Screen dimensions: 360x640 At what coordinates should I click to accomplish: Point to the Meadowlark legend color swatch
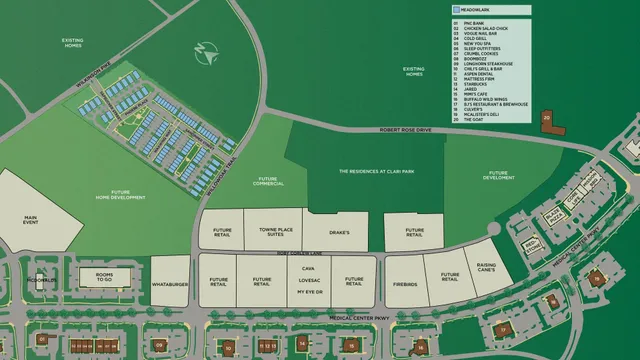[x=457, y=9]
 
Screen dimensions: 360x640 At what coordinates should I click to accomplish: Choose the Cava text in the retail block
[x=308, y=269]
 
